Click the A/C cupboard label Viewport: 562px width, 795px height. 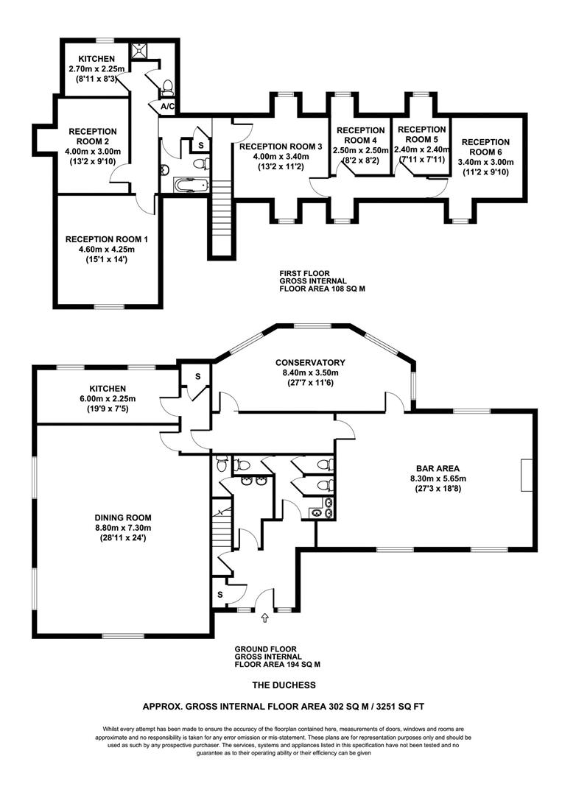[167, 107]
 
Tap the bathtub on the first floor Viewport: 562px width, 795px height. [192, 185]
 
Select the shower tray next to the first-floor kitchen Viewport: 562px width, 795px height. [138, 50]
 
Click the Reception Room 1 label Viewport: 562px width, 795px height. [107, 239]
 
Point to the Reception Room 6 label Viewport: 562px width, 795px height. [485, 146]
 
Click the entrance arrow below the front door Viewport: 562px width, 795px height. [264, 618]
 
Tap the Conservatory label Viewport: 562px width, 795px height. [310, 362]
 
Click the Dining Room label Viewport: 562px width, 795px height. [123, 517]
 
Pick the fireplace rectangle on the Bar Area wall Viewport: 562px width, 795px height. [525, 475]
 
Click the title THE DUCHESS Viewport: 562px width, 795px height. [284, 685]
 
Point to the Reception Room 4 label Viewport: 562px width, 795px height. [361, 135]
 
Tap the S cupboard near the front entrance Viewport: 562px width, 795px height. [220, 594]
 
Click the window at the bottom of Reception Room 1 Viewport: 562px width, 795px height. [109, 306]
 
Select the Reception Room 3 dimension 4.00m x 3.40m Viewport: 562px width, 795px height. [281, 156]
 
